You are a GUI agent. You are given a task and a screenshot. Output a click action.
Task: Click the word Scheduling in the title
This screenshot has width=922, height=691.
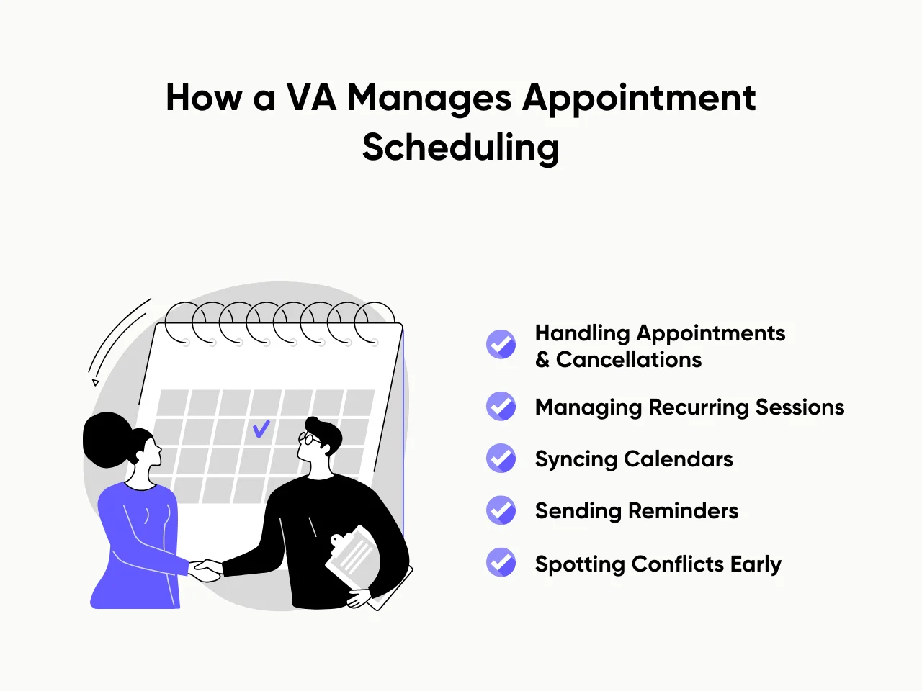(x=460, y=148)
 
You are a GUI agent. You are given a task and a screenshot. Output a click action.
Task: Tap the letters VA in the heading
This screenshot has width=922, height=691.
(x=311, y=98)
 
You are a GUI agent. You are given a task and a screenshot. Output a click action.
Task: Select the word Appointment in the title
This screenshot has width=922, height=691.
(x=638, y=98)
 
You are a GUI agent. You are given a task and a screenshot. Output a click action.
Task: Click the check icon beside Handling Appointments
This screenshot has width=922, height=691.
(x=501, y=345)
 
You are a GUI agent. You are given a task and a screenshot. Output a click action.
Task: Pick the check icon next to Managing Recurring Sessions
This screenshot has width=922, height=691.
(x=501, y=407)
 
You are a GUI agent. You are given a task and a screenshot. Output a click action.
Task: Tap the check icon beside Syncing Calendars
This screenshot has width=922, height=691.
(x=501, y=459)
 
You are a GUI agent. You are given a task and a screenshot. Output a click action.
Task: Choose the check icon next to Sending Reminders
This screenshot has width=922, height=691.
(x=501, y=510)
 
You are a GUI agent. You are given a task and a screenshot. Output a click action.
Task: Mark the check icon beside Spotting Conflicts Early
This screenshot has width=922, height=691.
(x=501, y=563)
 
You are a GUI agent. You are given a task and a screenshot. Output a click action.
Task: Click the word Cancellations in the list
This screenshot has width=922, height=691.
(x=628, y=359)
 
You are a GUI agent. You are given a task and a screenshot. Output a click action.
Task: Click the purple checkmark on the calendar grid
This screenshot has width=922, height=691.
(x=261, y=429)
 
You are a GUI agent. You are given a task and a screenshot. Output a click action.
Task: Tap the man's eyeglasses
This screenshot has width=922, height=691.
(x=308, y=439)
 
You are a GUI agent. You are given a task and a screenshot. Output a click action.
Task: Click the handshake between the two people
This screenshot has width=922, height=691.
(x=206, y=570)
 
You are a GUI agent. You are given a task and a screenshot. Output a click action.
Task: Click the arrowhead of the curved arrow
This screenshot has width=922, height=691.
(x=95, y=382)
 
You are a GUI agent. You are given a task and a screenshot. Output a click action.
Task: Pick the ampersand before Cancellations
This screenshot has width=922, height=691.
(x=542, y=359)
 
